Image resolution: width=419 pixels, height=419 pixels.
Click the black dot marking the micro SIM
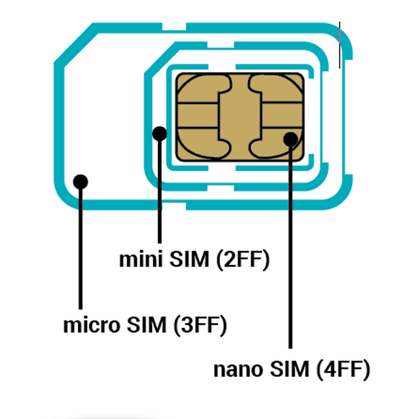81,181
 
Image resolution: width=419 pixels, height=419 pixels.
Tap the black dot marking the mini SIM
160,134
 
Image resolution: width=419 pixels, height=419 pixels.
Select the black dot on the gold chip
290,139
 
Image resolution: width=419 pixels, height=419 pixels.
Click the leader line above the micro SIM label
81,249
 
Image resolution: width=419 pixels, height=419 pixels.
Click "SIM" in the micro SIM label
147,325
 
